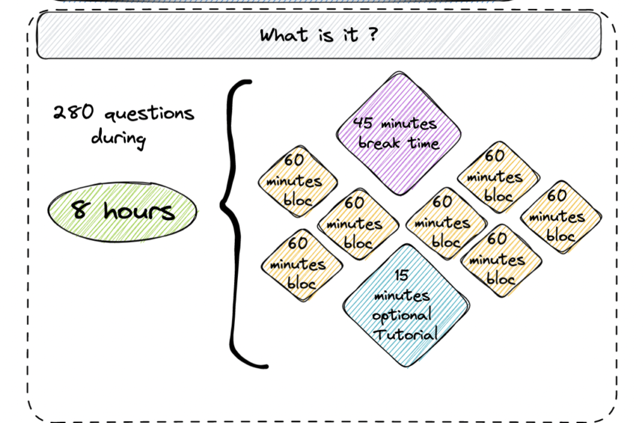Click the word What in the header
tap(284, 35)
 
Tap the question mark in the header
tap(372, 34)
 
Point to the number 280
tap(73, 111)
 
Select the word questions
tap(149, 113)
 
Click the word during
tap(118, 137)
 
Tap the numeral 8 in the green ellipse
tap(80, 209)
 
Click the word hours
tap(139, 211)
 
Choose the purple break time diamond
tap(398, 133)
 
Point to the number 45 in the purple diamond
tap(363, 122)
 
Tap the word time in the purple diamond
tap(423, 143)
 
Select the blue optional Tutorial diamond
tap(406, 305)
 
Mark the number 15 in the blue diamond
tap(401, 275)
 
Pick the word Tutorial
tap(406, 334)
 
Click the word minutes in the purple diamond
tap(409, 123)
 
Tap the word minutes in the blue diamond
tap(402, 295)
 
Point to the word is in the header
tap(325, 35)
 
